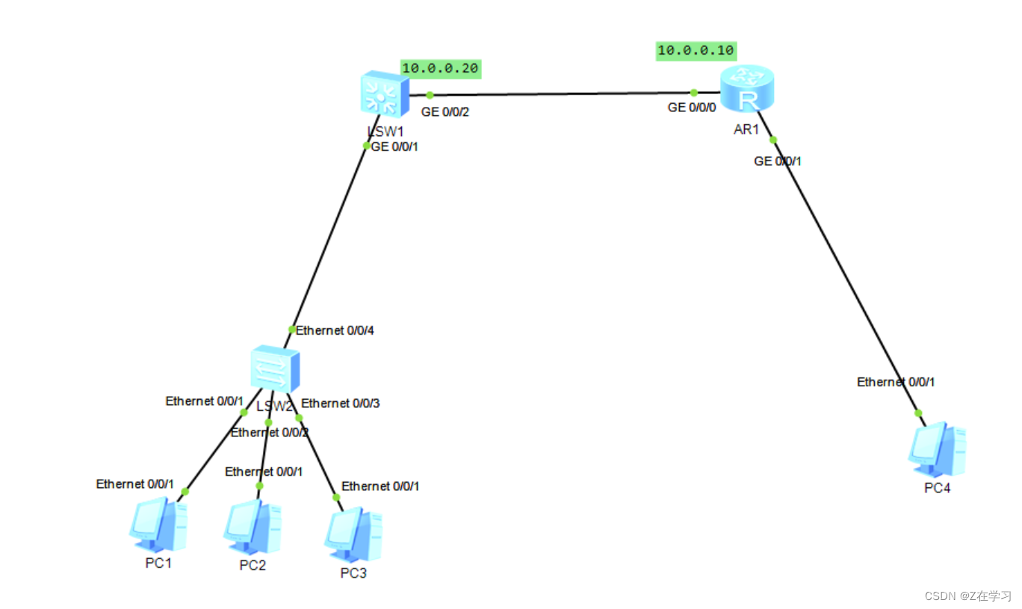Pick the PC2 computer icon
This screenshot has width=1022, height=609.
[253, 525]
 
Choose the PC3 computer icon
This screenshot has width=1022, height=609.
[353, 534]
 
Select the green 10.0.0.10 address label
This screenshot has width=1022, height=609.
[696, 51]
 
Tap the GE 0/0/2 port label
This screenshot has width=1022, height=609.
[446, 113]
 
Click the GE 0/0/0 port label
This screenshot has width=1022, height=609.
[692, 108]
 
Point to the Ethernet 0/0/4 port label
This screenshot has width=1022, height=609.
[335, 330]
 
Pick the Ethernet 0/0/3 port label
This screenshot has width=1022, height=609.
[341, 404]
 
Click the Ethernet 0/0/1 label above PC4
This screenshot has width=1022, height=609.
[896, 382]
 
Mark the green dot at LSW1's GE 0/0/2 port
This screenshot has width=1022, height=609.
[430, 95]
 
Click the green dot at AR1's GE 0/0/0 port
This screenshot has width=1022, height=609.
[693, 93]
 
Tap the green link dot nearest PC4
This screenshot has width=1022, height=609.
[918, 413]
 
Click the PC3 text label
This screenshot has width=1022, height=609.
[353, 573]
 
